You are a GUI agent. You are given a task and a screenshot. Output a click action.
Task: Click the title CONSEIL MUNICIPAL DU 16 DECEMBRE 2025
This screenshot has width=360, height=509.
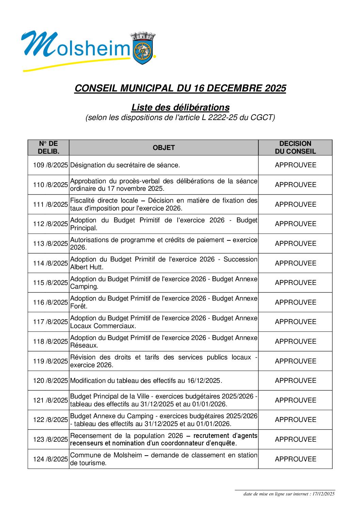pyautogui.click(x=180, y=88)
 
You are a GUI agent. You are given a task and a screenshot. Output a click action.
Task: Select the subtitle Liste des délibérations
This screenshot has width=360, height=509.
pyautogui.click(x=180, y=107)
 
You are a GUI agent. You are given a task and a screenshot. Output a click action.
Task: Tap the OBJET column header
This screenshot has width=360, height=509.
pyautogui.click(x=164, y=148)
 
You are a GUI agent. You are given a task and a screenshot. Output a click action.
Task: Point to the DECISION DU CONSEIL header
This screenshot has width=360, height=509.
pyautogui.click(x=295, y=148)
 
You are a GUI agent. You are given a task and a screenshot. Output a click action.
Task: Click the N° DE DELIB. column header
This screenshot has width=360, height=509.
pyautogui.click(x=48, y=148)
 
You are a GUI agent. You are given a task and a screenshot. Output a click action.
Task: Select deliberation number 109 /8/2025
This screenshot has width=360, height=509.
pyautogui.click(x=50, y=165)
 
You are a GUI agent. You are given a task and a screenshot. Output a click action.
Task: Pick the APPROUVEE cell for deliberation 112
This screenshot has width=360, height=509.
pyautogui.click(x=295, y=224)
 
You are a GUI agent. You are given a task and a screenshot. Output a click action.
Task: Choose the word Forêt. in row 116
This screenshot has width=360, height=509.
pyautogui.click(x=79, y=306)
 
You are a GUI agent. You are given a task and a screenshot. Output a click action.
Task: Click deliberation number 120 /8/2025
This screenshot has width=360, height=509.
pyautogui.click(x=50, y=381)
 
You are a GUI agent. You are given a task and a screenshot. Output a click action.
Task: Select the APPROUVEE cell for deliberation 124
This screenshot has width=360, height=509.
pyautogui.click(x=295, y=459)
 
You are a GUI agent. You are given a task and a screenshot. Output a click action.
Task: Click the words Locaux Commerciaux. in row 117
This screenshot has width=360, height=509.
pyautogui.click(x=103, y=326)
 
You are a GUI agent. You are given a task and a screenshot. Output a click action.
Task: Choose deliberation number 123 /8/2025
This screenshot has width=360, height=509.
pyautogui.click(x=50, y=439)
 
